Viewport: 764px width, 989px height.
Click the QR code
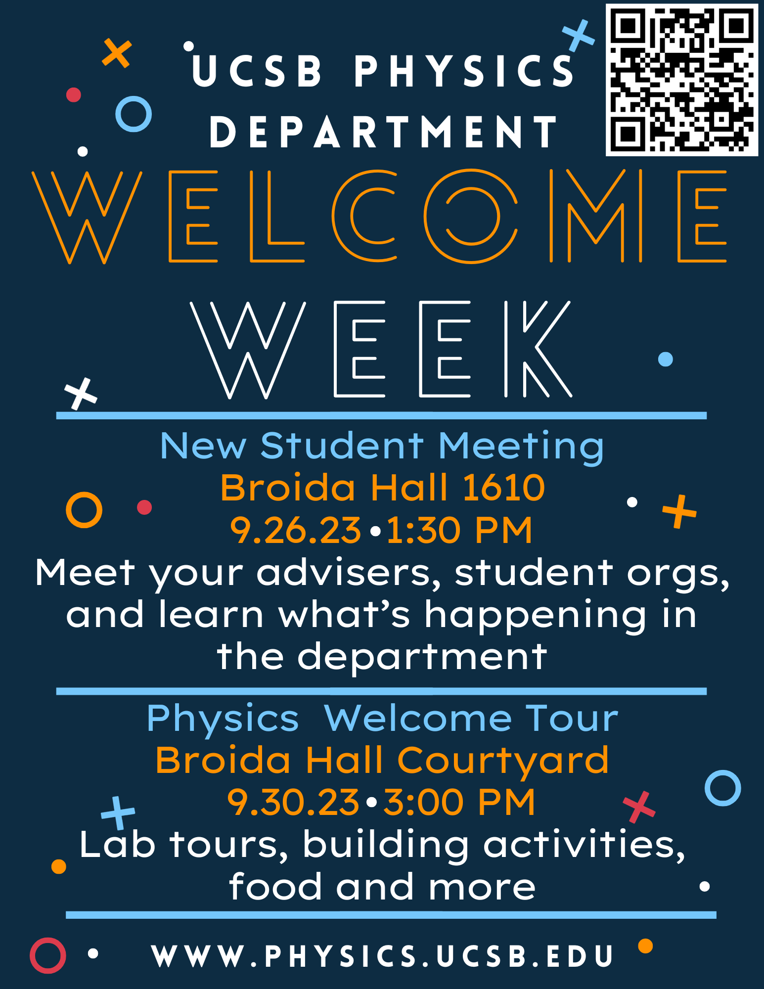tap(682, 80)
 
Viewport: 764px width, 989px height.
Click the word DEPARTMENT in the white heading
tap(384, 132)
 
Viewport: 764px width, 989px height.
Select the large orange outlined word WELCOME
tap(380, 216)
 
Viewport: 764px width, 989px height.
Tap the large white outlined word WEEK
tap(381, 349)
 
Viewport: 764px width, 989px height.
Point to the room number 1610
tap(503, 488)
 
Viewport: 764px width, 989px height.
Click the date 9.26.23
tap(295, 531)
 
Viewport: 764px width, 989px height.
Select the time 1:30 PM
tap(459, 531)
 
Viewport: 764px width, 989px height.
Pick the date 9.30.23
tap(293, 802)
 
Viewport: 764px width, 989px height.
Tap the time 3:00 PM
tap(459, 802)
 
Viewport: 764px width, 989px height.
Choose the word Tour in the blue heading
tap(572, 718)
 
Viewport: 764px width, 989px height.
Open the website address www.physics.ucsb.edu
tap(382, 956)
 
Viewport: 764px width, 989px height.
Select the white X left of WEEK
tap(81, 394)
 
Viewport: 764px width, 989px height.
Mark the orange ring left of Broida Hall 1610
tap(84, 510)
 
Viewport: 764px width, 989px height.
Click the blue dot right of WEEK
tap(666, 359)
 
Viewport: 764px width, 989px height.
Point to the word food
tap(275, 887)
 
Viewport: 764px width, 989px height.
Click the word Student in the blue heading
tap(342, 446)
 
